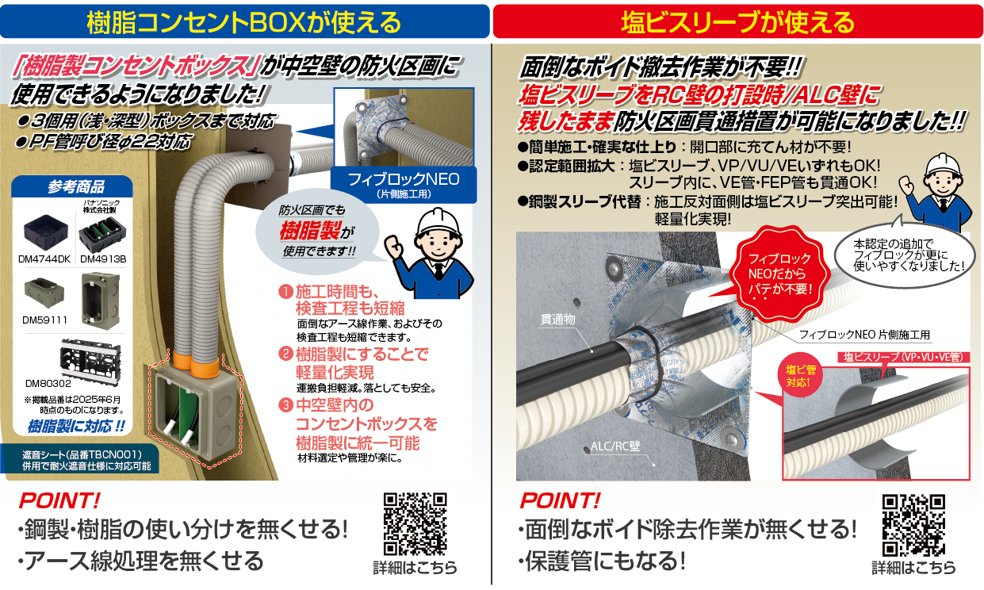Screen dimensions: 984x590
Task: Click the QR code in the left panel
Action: coord(415,524)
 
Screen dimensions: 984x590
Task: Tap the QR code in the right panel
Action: coord(913,526)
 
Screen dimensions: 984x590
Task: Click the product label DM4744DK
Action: coord(44,259)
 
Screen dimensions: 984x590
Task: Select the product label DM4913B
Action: coord(103,259)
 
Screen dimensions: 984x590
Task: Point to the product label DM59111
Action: coord(45,320)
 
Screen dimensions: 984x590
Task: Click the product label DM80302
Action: coord(48,384)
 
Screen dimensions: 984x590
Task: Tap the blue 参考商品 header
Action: coord(72,186)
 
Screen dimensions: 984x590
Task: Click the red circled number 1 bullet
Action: coord(285,292)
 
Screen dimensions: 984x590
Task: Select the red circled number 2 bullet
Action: coord(285,354)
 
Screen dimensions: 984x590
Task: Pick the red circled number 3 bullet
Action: coord(285,404)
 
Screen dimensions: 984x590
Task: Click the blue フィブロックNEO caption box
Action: coord(404,185)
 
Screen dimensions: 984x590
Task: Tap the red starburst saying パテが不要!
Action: coord(779,274)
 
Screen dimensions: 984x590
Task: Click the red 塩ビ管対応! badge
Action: coord(801,376)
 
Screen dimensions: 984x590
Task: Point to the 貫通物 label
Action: coord(557,320)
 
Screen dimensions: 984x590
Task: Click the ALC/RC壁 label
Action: coord(615,446)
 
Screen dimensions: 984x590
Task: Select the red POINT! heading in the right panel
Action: coord(560,501)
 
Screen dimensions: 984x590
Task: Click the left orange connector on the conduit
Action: coord(182,359)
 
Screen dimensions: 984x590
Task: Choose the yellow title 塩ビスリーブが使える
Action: coord(738,22)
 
